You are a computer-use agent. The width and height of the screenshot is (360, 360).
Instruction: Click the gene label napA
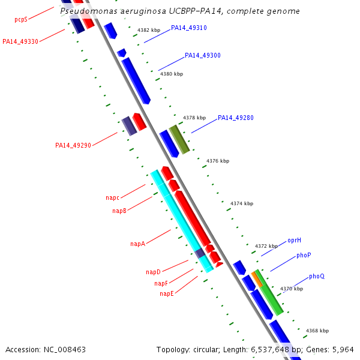click(138, 244)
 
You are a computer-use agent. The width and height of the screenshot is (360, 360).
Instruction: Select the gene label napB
click(119, 211)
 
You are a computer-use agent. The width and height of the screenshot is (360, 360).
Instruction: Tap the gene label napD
click(153, 272)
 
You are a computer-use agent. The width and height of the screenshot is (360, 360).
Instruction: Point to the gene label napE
click(167, 293)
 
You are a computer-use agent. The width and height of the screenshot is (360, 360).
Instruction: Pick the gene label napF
click(161, 283)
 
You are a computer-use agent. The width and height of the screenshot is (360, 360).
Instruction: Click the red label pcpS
click(21, 19)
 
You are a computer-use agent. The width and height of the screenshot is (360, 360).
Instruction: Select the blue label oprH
click(294, 240)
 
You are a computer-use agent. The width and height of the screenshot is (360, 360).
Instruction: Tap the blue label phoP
click(304, 255)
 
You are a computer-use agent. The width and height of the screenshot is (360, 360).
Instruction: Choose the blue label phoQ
click(317, 276)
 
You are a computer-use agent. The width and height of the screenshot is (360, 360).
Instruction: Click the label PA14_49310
click(189, 28)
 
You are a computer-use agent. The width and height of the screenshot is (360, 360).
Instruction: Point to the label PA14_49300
click(203, 55)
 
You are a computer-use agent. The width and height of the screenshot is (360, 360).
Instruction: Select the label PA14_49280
click(236, 118)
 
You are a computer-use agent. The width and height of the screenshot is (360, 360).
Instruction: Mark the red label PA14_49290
click(73, 145)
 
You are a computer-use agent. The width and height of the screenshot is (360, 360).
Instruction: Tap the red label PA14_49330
click(20, 41)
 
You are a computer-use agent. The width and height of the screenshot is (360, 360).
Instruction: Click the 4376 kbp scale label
click(218, 161)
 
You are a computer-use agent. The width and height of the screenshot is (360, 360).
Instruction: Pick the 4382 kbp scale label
click(149, 29)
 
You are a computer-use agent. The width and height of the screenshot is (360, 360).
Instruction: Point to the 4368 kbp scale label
click(317, 331)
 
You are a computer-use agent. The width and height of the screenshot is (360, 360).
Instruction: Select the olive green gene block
click(179, 139)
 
